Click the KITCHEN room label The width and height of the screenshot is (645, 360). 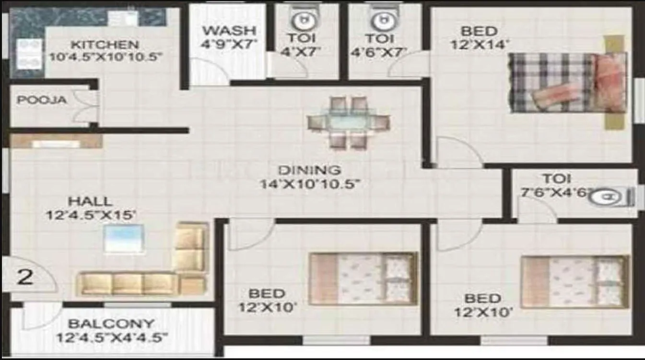pos(105,45)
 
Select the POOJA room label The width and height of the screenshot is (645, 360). pos(42,101)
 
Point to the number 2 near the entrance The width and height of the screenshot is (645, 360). pos(24,277)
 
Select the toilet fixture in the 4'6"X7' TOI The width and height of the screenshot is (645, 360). pos(382,20)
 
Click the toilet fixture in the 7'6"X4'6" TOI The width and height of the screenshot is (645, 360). pos(610,197)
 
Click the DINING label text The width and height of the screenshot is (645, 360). pos(310,170)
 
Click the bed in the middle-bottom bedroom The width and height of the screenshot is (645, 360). pos(363,279)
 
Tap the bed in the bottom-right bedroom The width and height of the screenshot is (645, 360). pos(575,281)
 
